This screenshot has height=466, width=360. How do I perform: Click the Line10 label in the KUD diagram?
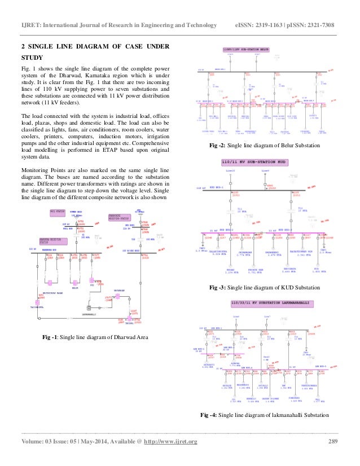tap(229, 170)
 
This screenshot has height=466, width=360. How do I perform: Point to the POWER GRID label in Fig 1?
tap(76, 212)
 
